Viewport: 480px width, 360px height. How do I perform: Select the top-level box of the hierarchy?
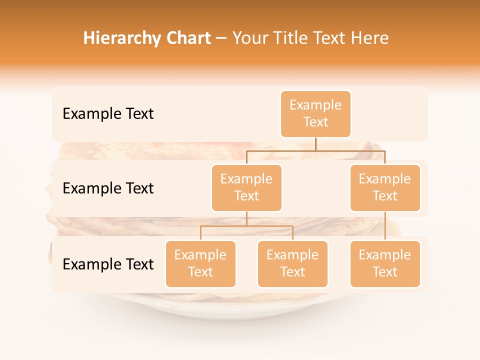tap(315, 114)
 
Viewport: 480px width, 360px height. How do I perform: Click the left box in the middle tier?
tap(246, 188)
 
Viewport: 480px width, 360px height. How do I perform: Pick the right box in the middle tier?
tap(385, 188)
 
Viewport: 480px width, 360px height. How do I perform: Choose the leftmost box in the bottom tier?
tap(200, 264)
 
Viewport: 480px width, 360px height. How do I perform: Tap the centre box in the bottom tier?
tap(292, 264)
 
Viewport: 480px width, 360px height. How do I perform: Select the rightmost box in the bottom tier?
tap(385, 264)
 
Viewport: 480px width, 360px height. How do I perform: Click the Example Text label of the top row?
tap(108, 114)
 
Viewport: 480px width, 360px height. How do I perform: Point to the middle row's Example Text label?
tap(108, 188)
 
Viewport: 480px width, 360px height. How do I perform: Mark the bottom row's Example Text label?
tap(108, 264)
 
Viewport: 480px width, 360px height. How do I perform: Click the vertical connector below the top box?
tap(315, 144)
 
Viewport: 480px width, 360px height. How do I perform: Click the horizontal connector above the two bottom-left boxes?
tap(246, 226)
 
